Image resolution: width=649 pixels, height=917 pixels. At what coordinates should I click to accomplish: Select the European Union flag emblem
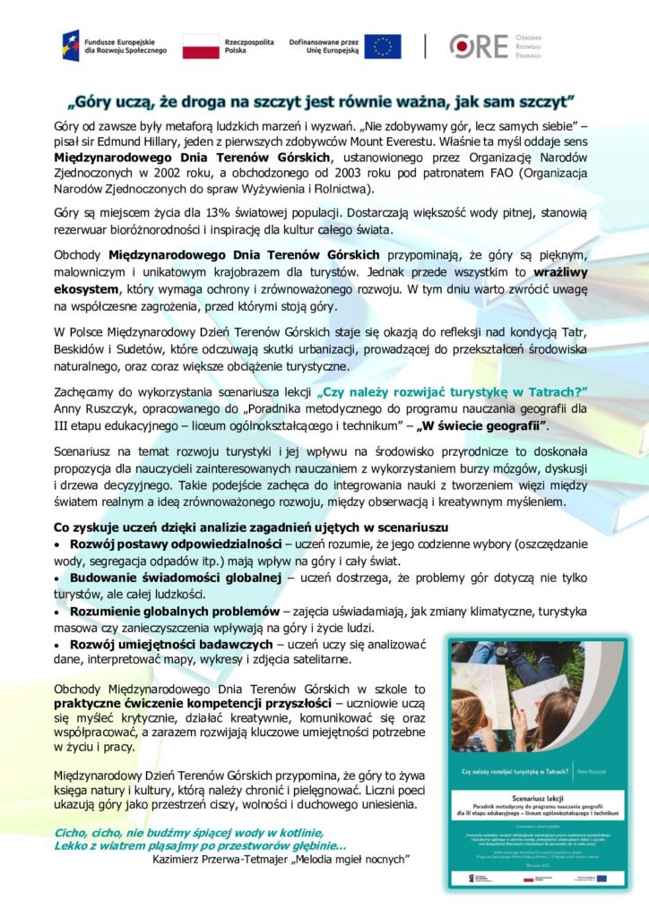pos(383,46)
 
